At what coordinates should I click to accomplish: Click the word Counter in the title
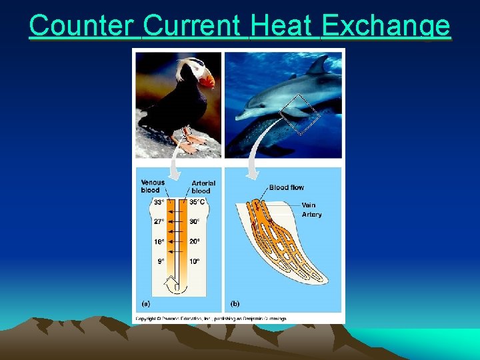83,26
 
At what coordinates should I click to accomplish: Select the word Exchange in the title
385,26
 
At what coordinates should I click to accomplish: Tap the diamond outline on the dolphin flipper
299,115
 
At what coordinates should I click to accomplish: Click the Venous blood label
153,186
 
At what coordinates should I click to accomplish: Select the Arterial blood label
203,187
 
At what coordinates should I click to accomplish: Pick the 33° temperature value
159,203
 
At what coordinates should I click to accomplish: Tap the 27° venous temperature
159,222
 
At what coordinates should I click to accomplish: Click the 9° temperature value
161,262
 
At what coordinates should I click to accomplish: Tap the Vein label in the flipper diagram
309,205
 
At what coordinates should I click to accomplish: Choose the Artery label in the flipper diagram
311,214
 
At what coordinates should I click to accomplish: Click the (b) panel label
235,303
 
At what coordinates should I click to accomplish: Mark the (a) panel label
146,303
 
